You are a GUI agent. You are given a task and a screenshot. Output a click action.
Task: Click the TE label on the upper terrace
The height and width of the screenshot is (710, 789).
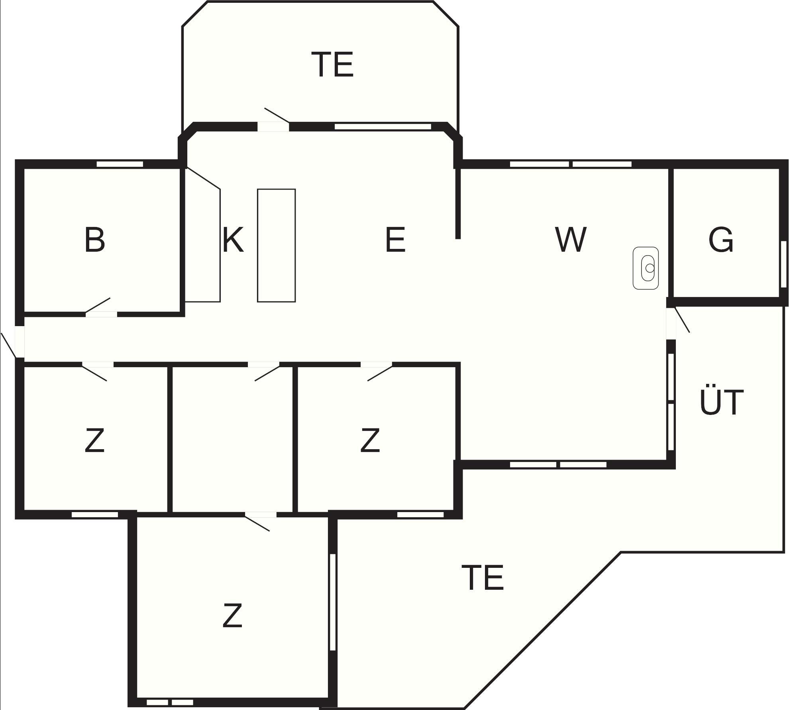[x=335, y=64]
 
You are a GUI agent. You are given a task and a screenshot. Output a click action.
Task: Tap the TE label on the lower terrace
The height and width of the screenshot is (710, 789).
[x=483, y=577]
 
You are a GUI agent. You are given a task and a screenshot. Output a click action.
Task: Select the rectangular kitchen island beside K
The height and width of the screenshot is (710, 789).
[x=276, y=245]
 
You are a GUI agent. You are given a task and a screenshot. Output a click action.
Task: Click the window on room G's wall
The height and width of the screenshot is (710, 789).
[x=783, y=264]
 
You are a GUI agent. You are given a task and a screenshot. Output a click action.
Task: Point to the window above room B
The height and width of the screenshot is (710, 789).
[x=120, y=164]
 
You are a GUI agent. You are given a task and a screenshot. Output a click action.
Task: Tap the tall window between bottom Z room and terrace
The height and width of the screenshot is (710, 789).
[x=333, y=602]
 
